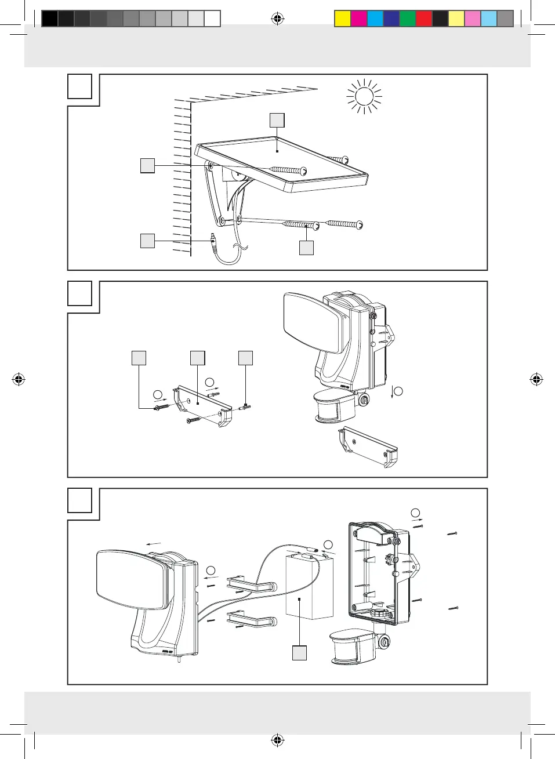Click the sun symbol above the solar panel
point(364,96)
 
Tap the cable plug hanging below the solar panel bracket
point(212,239)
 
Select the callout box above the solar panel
point(277,120)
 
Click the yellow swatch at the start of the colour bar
point(343,19)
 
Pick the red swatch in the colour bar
point(424,19)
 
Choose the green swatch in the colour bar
point(408,19)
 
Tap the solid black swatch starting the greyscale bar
point(50,19)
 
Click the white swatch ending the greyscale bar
point(212,19)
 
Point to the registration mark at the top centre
point(278,19)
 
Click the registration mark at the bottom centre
point(278,740)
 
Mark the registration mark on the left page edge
point(19,380)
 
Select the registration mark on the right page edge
point(536,380)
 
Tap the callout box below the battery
point(299,653)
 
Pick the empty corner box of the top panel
point(80,86)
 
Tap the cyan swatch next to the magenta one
point(375,19)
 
